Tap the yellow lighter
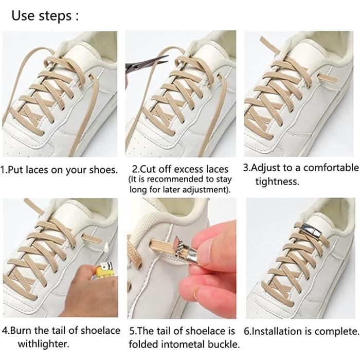pyautogui.click(x=105, y=271)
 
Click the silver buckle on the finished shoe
pyautogui.click(x=309, y=230)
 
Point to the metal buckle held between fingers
pyautogui.click(x=188, y=253)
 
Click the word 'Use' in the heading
pyautogui.click(x=23, y=15)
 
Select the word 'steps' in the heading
pyautogui.click(x=55, y=16)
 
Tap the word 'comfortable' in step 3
pyautogui.click(x=331, y=168)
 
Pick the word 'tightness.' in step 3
pyautogui.click(x=278, y=182)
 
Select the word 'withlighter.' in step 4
pyautogui.click(x=44, y=344)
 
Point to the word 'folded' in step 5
pyautogui.click(x=143, y=344)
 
